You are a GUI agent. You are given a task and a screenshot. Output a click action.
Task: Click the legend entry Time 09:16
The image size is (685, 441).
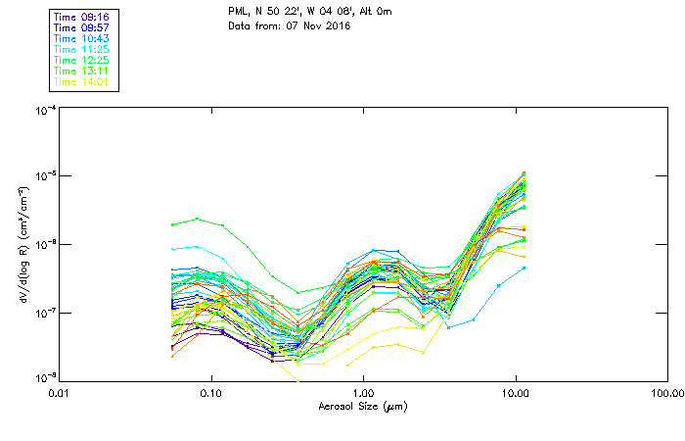click(x=81, y=18)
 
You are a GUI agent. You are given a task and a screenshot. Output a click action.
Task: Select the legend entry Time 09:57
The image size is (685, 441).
click(x=81, y=28)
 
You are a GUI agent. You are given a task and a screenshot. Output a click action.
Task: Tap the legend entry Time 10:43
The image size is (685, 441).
click(x=81, y=39)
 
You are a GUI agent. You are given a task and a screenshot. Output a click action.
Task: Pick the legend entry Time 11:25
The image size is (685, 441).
click(x=81, y=50)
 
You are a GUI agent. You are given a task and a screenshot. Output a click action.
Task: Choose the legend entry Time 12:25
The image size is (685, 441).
click(x=81, y=61)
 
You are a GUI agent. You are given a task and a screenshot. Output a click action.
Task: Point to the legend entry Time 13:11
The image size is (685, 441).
click(x=81, y=72)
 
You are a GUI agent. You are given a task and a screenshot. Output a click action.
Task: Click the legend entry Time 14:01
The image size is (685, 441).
click(x=81, y=82)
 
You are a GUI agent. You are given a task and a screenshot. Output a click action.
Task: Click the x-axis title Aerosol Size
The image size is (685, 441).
click(x=362, y=406)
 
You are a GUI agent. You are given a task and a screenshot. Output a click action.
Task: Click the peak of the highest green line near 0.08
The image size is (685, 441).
click(x=197, y=219)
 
